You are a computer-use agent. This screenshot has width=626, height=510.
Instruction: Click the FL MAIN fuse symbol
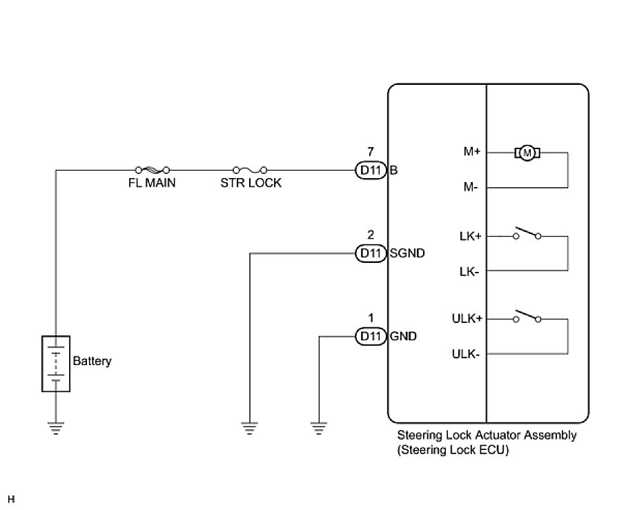(153, 169)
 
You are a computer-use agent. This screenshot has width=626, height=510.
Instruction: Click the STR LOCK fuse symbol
(251, 169)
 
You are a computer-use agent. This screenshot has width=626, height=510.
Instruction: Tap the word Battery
(92, 361)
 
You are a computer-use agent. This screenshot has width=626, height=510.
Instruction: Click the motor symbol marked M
(528, 152)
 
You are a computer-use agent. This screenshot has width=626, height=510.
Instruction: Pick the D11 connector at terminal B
(371, 170)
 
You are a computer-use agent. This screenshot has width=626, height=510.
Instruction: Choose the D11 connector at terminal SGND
(371, 253)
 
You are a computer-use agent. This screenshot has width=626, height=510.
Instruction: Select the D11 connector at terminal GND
(371, 337)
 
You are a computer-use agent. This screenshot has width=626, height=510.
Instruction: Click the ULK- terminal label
(467, 355)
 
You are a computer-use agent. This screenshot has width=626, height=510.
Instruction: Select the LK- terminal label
(469, 271)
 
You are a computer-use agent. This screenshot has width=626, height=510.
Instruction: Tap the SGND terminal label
(407, 253)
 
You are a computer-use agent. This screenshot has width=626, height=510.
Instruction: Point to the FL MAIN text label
(152, 184)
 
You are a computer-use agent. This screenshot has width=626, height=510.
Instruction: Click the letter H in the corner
(11, 499)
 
